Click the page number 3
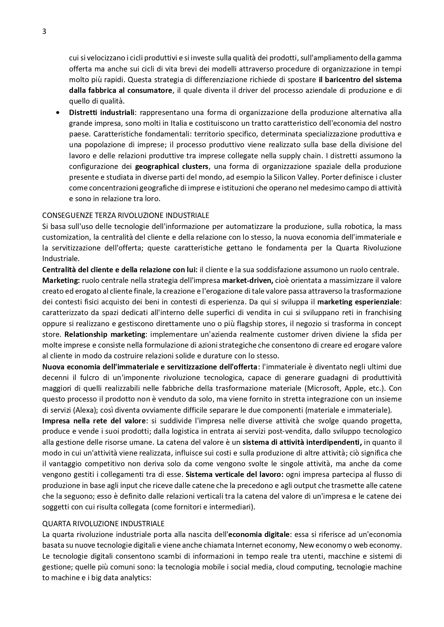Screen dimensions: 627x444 click(44, 31)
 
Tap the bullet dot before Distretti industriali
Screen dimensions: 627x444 click(58, 113)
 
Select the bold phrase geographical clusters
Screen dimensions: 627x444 click(171, 166)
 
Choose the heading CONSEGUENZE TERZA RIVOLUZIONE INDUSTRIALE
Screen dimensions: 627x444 click(126, 215)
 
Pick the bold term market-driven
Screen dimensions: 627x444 click(248, 280)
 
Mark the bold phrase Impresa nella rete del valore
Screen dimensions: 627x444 click(94, 421)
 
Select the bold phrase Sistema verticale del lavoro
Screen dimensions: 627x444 click(235, 474)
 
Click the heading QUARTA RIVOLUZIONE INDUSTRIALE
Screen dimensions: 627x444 click(103, 524)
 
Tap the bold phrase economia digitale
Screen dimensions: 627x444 click(259, 534)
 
